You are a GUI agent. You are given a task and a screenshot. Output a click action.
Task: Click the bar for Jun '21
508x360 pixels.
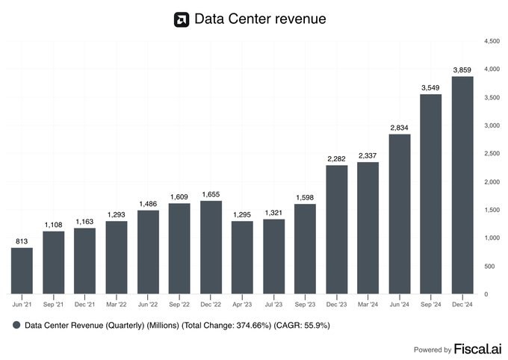(x=22, y=270)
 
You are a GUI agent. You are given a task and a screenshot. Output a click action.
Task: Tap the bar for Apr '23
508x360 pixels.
(x=242, y=257)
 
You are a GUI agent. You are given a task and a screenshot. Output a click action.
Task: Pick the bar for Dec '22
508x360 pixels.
(x=211, y=247)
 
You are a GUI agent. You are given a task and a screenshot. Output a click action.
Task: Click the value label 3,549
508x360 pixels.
(x=430, y=87)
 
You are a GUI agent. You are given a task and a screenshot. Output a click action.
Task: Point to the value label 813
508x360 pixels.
(x=22, y=240)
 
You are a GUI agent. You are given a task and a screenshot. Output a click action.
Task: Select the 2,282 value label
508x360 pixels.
(x=336, y=158)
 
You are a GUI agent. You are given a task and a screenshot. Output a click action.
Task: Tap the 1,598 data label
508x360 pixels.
(x=305, y=197)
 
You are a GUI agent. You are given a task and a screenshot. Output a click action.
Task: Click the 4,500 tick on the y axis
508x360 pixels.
(x=492, y=40)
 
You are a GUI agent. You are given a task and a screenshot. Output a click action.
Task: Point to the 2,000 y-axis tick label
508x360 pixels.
(x=492, y=181)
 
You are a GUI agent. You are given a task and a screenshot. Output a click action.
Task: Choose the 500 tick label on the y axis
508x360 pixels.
(x=489, y=266)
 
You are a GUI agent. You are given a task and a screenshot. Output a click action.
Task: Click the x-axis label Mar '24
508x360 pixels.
(x=368, y=304)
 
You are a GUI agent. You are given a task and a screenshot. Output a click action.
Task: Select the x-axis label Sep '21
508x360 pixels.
(x=54, y=304)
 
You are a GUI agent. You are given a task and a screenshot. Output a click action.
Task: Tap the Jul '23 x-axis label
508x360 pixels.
(x=273, y=304)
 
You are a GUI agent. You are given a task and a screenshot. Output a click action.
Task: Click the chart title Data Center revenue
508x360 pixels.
(x=260, y=19)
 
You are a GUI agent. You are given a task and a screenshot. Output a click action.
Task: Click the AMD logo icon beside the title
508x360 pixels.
(x=181, y=19)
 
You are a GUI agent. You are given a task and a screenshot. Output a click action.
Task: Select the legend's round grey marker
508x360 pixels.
(x=16, y=326)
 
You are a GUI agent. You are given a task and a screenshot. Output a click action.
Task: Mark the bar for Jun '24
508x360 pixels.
(x=399, y=214)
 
